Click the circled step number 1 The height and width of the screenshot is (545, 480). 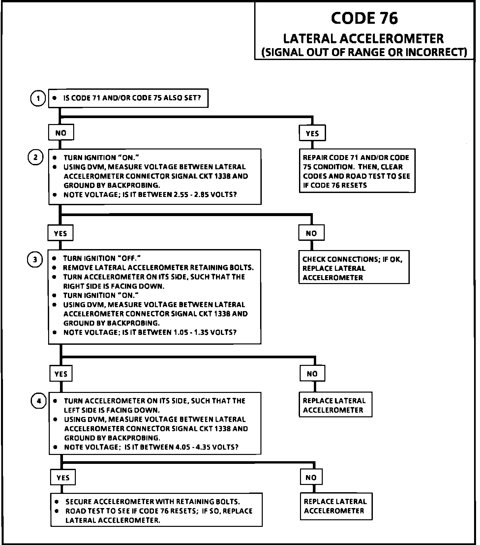click(x=38, y=98)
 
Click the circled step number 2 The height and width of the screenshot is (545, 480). click(x=35, y=157)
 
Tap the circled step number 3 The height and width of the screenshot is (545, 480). click(x=35, y=260)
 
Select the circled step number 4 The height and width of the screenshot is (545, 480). click(x=39, y=401)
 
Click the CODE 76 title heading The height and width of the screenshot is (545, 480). click(x=364, y=18)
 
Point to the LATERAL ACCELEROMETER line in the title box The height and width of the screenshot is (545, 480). click(x=363, y=39)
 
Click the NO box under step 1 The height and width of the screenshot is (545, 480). click(x=61, y=133)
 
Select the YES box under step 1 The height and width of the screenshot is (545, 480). click(x=312, y=133)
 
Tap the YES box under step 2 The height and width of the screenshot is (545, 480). click(x=60, y=234)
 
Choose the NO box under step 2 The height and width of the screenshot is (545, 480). click(x=311, y=234)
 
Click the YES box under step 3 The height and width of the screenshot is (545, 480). click(x=61, y=374)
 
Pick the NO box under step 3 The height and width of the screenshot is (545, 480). click(x=312, y=374)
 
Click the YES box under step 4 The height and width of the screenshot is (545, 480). click(x=63, y=478)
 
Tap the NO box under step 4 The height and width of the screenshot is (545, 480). click(x=311, y=478)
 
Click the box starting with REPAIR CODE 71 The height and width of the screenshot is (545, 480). click(x=357, y=171)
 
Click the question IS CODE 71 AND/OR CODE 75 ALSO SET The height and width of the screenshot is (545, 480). click(x=132, y=98)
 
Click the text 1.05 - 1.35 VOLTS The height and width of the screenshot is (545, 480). click(x=205, y=332)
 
